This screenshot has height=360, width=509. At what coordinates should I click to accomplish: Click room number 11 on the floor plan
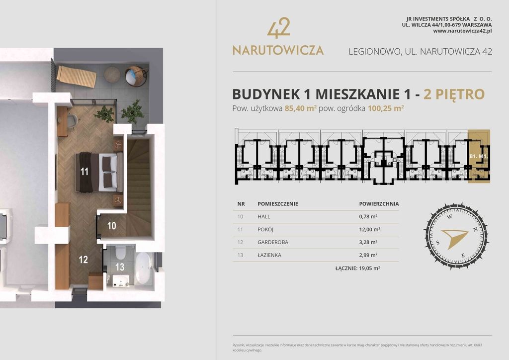pyautogui.click(x=85, y=172)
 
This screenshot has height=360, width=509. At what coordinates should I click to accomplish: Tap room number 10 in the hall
pyautogui.click(x=112, y=226)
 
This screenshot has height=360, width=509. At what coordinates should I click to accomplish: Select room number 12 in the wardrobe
pyautogui.click(x=83, y=259)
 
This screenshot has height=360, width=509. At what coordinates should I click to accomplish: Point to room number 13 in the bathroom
pyautogui.click(x=120, y=267)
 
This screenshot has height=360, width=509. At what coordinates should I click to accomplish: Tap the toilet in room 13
pyautogui.click(x=119, y=254)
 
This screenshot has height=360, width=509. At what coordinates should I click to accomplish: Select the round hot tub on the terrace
pyautogui.click(x=136, y=76)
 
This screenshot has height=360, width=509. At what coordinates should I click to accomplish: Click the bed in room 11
pyautogui.click(x=99, y=172)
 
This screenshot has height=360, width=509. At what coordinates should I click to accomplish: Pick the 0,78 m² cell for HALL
pyautogui.click(x=368, y=216)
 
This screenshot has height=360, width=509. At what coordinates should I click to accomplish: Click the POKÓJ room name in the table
pyautogui.click(x=266, y=229)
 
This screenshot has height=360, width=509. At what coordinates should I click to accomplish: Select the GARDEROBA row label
pyautogui.click(x=273, y=242)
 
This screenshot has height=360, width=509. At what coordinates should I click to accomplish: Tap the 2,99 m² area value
pyautogui.click(x=368, y=255)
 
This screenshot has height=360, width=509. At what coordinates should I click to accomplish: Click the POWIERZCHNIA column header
pyautogui.click(x=379, y=204)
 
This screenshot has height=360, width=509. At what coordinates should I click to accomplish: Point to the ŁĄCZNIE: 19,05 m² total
pyautogui.click(x=358, y=268)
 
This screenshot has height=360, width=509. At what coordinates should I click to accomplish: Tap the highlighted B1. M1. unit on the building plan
pyautogui.click(x=479, y=156)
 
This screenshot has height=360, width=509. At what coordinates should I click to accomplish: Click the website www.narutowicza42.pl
pyautogui.click(x=462, y=31)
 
